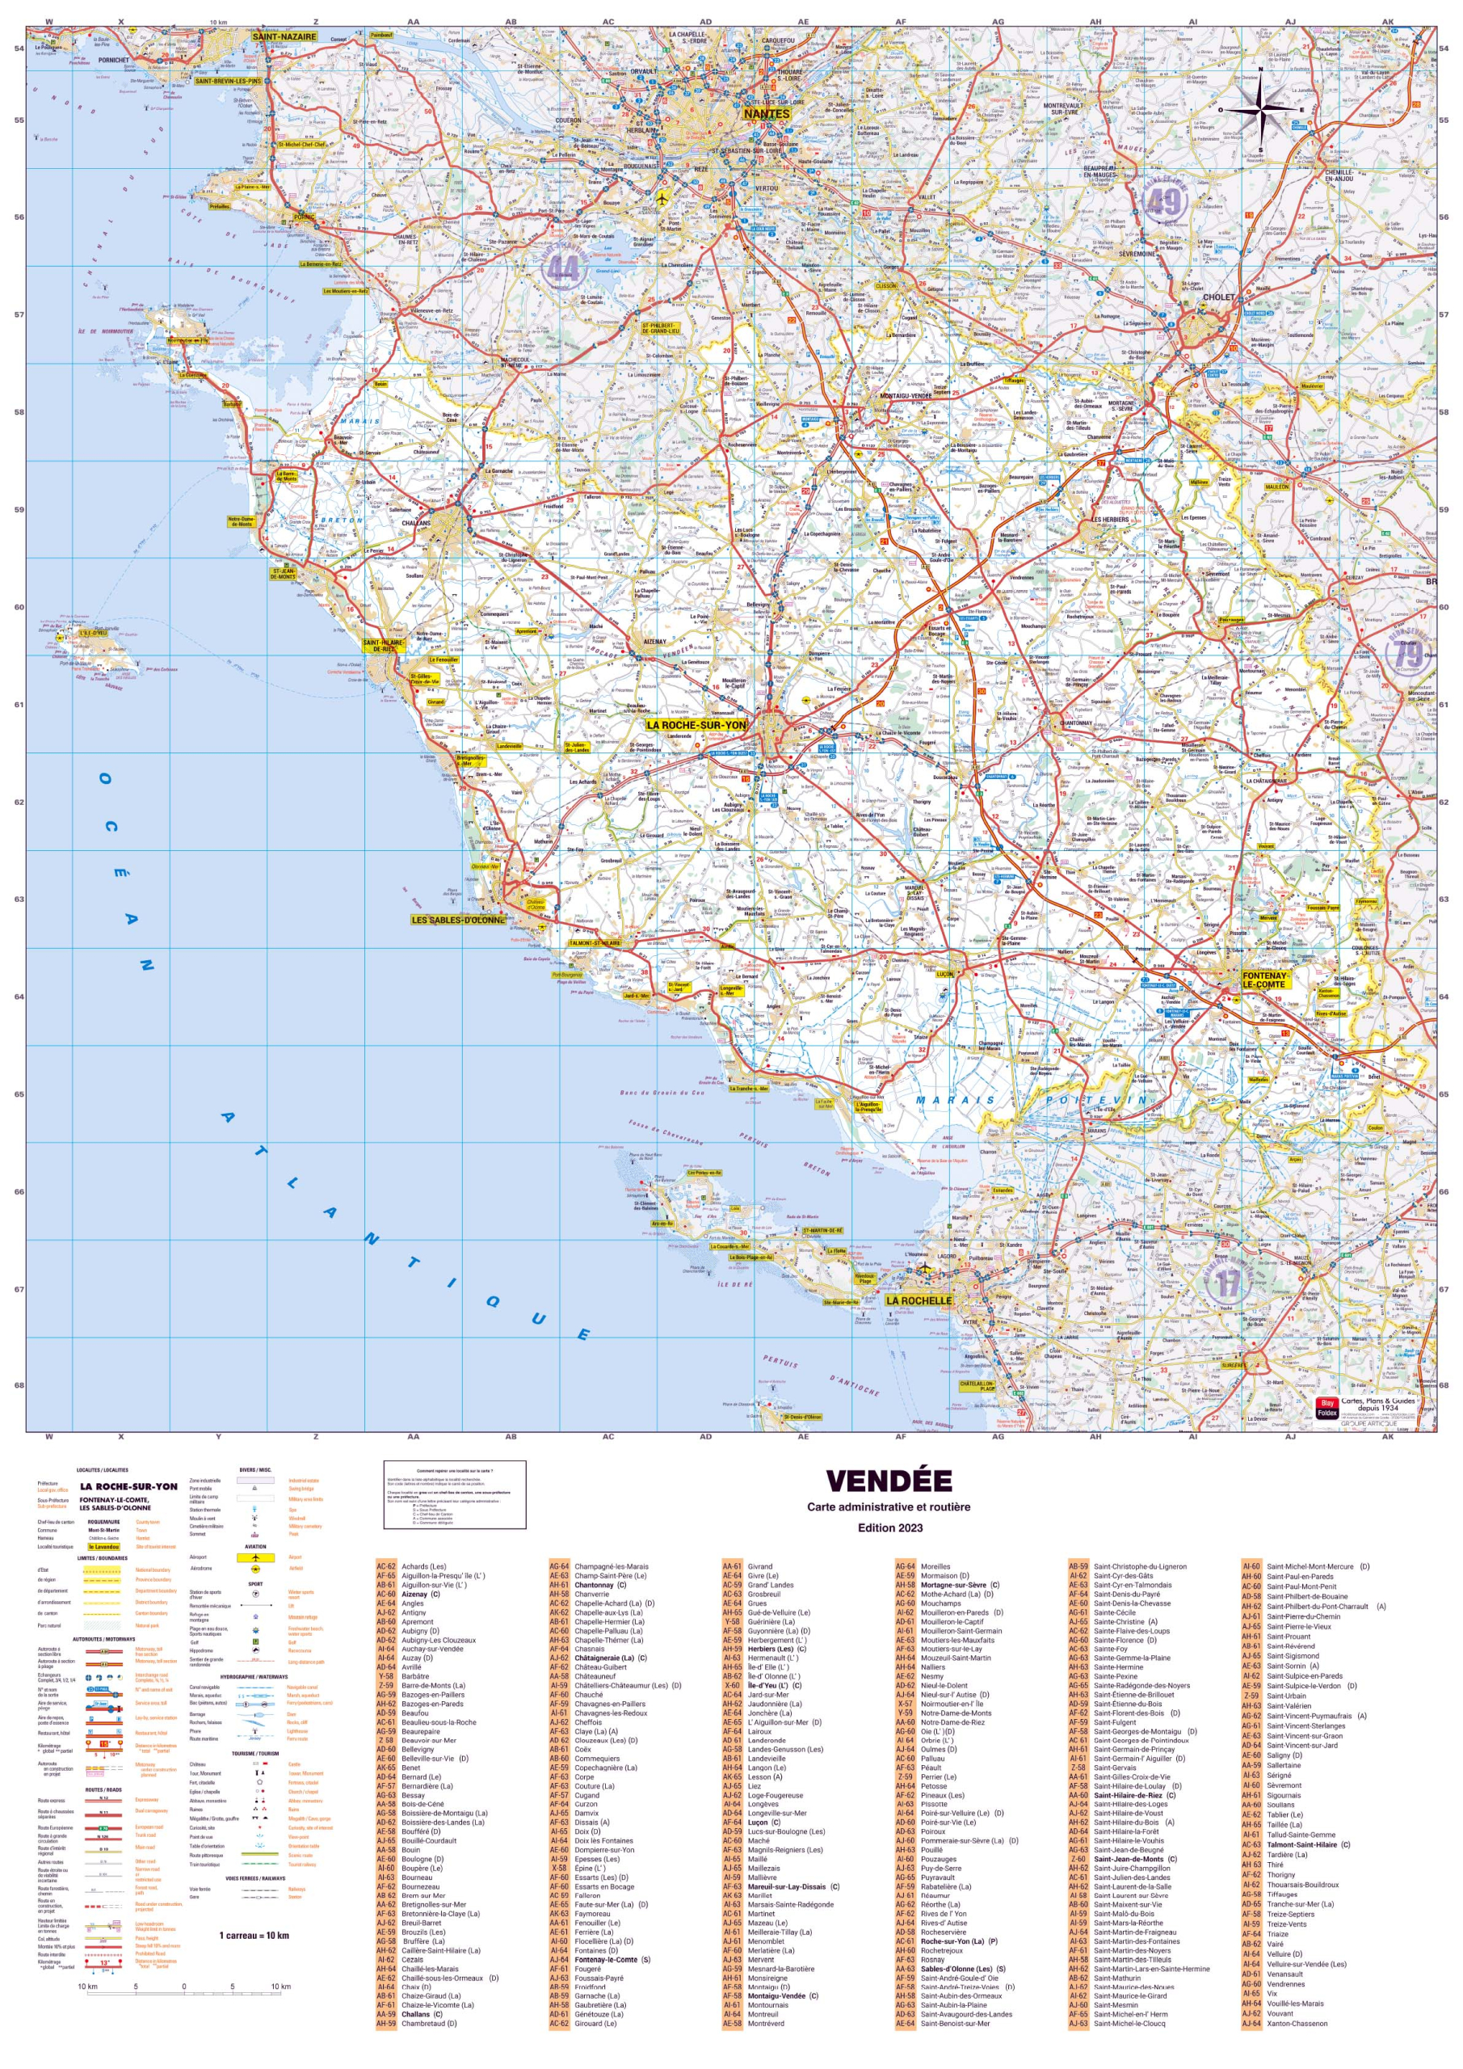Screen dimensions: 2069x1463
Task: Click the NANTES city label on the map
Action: [x=766, y=115]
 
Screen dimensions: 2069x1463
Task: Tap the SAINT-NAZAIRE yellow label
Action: [x=284, y=37]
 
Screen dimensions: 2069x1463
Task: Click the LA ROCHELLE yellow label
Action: [x=918, y=1300]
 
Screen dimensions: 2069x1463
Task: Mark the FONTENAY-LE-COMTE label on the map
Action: [x=1265, y=980]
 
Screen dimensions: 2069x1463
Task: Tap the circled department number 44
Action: [x=563, y=268]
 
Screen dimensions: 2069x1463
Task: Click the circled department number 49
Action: [x=1164, y=202]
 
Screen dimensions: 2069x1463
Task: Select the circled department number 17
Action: [x=1228, y=1283]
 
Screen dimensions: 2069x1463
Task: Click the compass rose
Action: [x=1260, y=110]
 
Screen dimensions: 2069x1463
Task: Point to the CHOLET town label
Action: [x=1218, y=297]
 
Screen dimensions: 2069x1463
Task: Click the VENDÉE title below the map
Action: [x=889, y=1481]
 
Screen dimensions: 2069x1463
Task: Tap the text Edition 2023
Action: [x=889, y=1528]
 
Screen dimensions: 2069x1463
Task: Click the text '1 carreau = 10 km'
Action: [x=254, y=1935]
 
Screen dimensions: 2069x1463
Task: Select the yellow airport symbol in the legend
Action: [x=256, y=1557]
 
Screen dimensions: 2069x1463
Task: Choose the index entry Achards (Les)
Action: [x=423, y=1566]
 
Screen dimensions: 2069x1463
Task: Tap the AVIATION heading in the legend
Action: [x=256, y=1545]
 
